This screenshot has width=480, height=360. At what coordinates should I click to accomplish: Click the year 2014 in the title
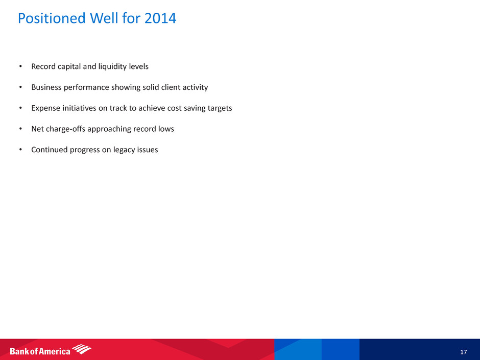pos(160,18)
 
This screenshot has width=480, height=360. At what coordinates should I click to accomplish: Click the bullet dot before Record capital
pos(20,66)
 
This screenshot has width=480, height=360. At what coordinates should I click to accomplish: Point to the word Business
pos(46,87)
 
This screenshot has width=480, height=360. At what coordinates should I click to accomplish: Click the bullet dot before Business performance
pos(20,87)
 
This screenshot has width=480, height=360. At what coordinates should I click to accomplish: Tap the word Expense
pos(45,108)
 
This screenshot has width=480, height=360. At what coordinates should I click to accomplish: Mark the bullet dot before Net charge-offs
pos(20,129)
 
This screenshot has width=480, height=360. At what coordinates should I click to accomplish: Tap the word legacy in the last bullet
pos(125,150)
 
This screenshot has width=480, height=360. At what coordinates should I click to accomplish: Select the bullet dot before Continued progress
pos(20,150)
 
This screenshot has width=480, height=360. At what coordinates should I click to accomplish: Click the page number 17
pos(464,352)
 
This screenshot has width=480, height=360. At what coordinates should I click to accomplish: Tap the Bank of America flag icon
pos(81,349)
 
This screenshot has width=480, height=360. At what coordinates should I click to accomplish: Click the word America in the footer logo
pos(55,351)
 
